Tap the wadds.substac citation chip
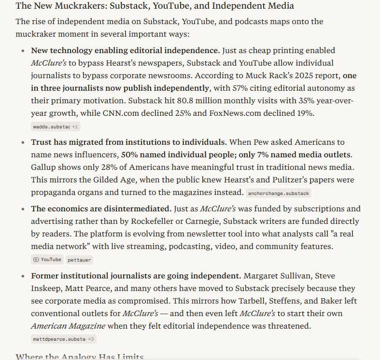51,126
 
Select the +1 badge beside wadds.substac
75,126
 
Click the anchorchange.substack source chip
278,193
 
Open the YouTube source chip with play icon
47,260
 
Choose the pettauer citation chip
79,260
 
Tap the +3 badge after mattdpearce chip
91,339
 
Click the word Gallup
44,167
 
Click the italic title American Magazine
68,326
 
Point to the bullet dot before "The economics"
23,209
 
